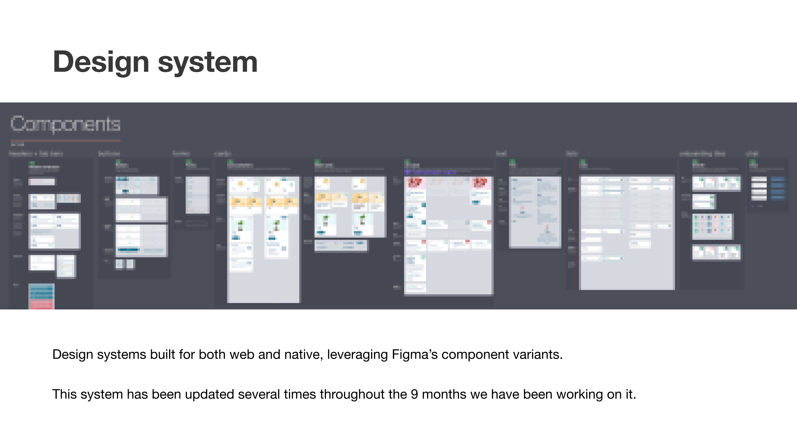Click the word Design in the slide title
[101, 62]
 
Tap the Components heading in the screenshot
[65, 124]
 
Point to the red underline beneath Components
[65, 141]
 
